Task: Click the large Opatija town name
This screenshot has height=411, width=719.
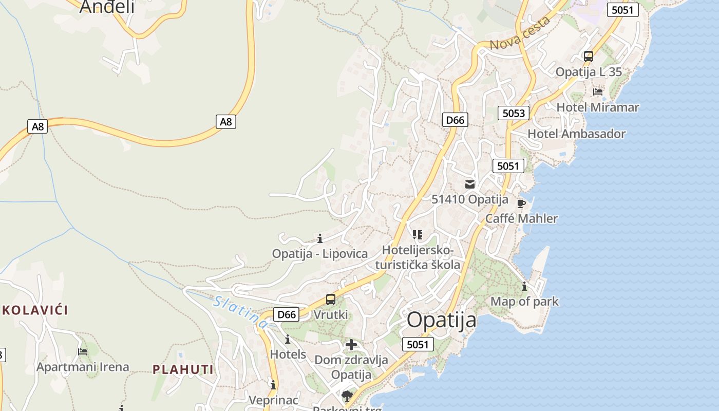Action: point(442,320)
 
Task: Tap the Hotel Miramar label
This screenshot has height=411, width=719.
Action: point(598,107)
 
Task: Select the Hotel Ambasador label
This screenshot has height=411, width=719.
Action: point(576,134)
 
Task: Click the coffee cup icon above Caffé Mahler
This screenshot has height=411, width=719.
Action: point(521,203)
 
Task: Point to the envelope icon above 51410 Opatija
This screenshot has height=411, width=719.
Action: point(470,184)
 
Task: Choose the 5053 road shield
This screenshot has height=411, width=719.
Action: point(514,113)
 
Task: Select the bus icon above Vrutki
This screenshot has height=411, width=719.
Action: point(331,300)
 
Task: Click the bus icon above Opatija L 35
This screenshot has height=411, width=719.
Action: point(589,57)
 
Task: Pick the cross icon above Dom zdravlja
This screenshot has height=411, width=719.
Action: point(351,345)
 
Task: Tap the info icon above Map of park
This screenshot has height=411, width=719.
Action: point(524,286)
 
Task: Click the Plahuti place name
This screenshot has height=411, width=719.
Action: point(183,369)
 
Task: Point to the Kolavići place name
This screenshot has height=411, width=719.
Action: point(35,310)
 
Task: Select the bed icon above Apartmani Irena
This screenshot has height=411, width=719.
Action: point(83,352)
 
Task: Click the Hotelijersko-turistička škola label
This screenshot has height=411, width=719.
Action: point(418,257)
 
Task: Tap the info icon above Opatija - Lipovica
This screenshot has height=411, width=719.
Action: point(320,238)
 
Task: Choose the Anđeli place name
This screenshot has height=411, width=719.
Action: point(107,7)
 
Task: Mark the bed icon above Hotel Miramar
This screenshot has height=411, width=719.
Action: point(598,92)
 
